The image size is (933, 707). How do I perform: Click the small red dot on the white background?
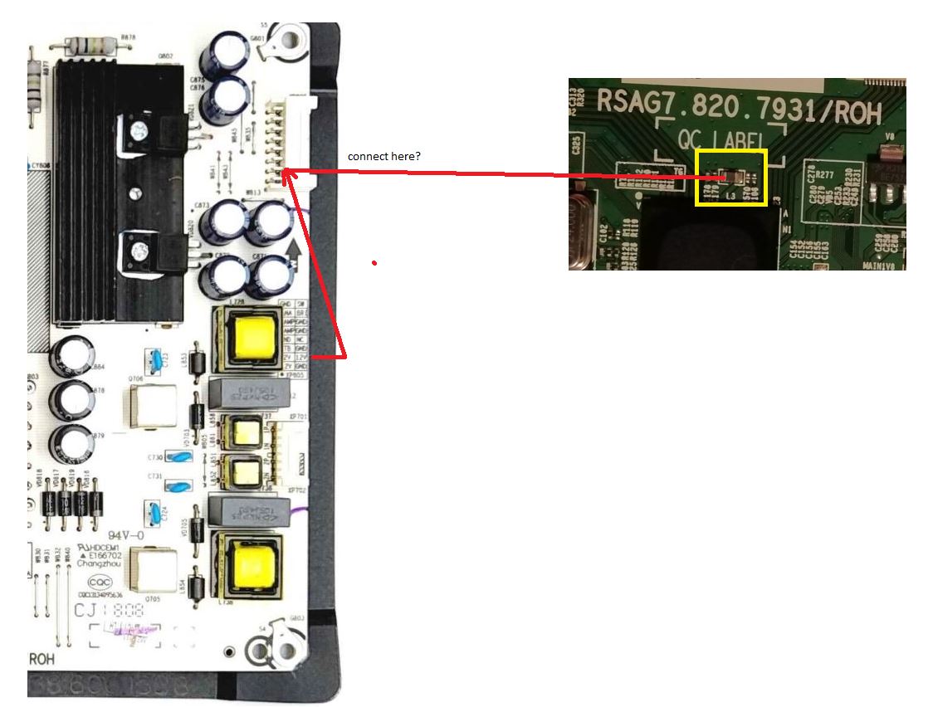(x=374, y=263)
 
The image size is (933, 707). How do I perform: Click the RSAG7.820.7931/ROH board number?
(x=738, y=107)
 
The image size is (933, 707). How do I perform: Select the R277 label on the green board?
(x=824, y=175)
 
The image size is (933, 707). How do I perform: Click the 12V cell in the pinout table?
(x=302, y=356)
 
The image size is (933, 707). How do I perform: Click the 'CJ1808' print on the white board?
(x=110, y=612)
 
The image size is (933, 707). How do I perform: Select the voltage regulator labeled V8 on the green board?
(x=889, y=158)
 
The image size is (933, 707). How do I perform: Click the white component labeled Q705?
(x=152, y=571)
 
